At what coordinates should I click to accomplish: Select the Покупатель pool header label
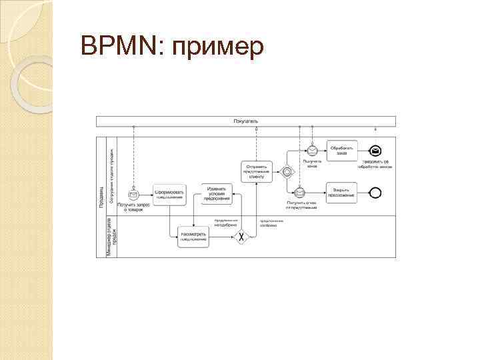[x=246, y=121]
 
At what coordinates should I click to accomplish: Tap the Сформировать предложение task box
[x=169, y=194]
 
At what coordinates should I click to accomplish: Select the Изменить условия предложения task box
[x=217, y=194]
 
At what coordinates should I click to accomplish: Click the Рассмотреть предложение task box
[x=193, y=237]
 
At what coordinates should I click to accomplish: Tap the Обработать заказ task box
[x=342, y=149]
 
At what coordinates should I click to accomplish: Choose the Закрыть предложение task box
[x=342, y=193]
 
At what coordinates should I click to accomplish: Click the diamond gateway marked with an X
[x=241, y=237]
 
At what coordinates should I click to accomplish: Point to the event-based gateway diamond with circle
[x=287, y=171]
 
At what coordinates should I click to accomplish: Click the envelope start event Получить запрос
[x=133, y=194]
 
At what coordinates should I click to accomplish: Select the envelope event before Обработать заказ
[x=312, y=150]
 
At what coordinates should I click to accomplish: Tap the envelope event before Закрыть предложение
[x=299, y=193]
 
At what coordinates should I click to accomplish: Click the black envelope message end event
[x=376, y=150]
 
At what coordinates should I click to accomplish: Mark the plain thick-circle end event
[x=375, y=193]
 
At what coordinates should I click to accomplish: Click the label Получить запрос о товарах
[x=132, y=207]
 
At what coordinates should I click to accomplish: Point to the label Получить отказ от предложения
[x=301, y=205]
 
